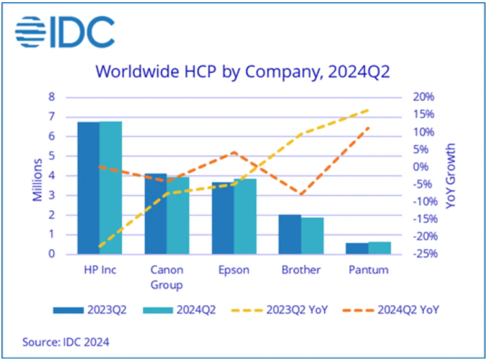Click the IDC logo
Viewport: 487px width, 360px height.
coord(66,31)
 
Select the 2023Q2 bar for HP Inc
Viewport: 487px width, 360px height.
coord(89,188)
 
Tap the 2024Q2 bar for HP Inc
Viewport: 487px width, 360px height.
coord(110,188)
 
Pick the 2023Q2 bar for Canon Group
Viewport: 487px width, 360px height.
coord(155,214)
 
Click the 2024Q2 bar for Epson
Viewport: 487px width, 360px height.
coord(245,216)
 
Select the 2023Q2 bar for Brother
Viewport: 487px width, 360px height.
coord(290,234)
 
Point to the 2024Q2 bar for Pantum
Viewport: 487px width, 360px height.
coord(379,247)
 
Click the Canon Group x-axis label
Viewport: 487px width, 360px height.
coord(167,276)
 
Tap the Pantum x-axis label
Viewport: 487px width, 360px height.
coord(368,271)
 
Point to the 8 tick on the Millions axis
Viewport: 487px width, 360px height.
coord(51,97)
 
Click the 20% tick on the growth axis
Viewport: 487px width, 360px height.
coord(424,97)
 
